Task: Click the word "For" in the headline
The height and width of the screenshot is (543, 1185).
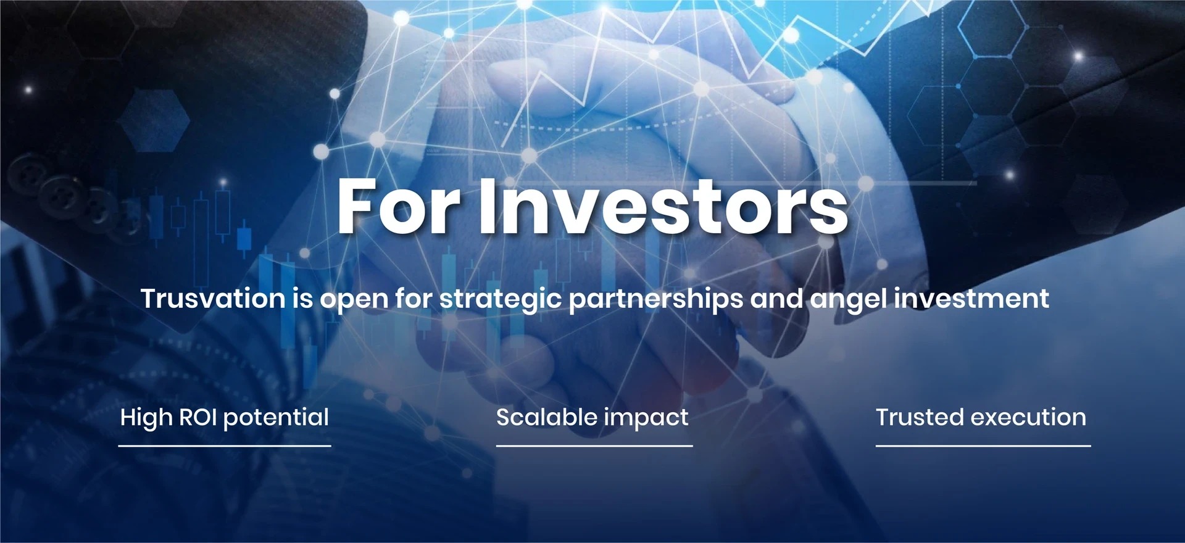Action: click(399, 206)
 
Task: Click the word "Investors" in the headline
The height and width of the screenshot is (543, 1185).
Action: click(663, 206)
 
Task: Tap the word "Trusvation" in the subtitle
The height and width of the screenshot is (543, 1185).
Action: click(213, 299)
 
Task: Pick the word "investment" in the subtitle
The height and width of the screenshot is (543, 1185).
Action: click(971, 299)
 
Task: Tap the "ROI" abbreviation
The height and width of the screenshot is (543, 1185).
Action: click(197, 418)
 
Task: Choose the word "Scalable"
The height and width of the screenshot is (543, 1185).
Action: click(546, 418)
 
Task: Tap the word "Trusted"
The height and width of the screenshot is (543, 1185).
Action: click(920, 418)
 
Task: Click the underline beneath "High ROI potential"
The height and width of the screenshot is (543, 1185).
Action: click(225, 446)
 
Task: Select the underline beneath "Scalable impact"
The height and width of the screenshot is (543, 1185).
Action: click(594, 446)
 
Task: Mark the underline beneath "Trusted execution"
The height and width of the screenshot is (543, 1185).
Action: click(983, 446)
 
